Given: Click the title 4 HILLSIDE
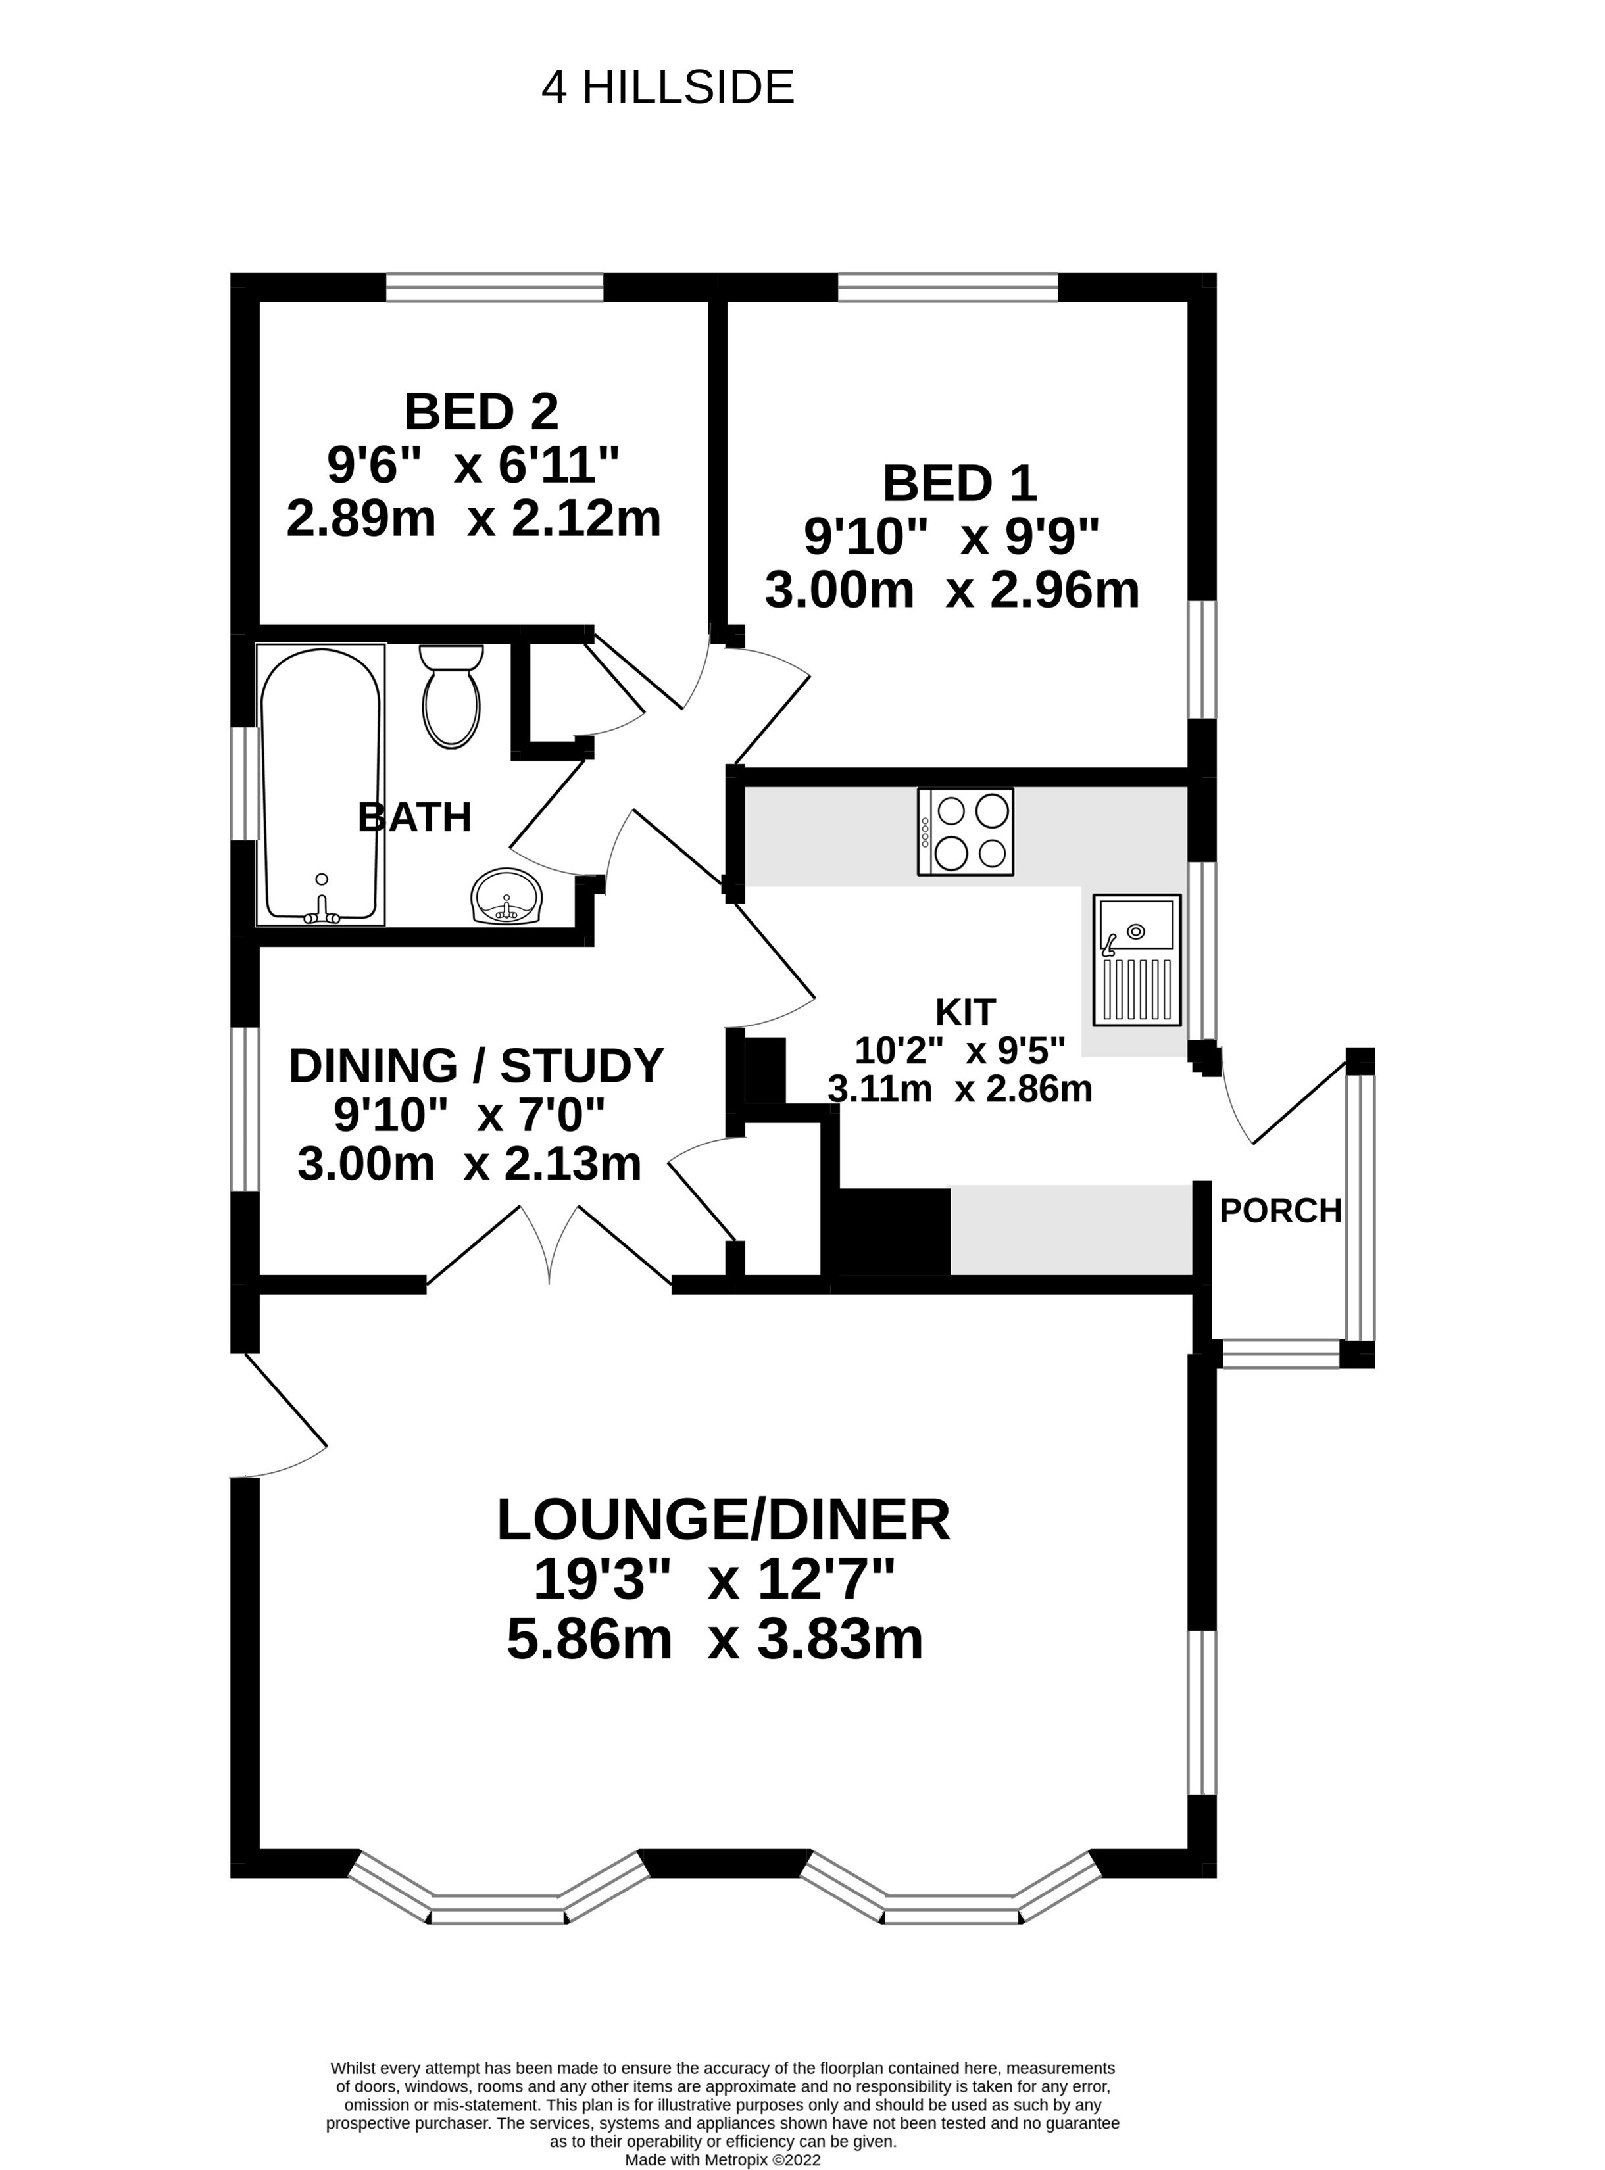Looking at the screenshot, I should (x=668, y=88).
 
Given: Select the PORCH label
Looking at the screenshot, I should (x=1279, y=1211).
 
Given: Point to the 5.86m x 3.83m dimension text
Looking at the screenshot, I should (x=714, y=1639).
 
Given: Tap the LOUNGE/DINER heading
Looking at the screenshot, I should (x=723, y=1520).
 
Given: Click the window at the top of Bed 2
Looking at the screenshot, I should (x=495, y=287).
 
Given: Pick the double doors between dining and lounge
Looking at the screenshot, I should (x=550, y=1248).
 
